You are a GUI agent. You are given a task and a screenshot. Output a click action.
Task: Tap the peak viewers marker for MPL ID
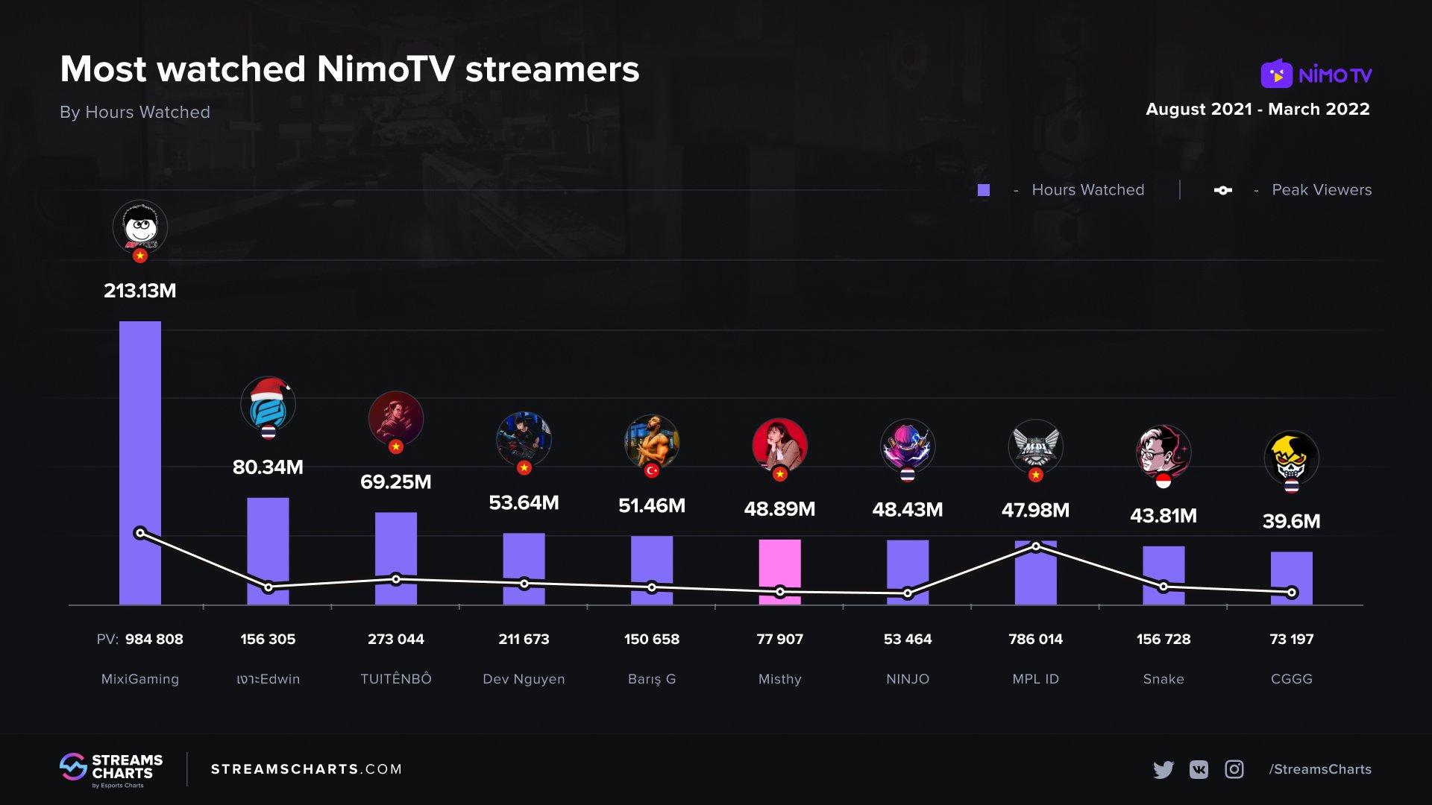pos(1036,546)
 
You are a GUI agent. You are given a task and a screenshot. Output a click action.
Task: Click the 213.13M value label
pos(140,291)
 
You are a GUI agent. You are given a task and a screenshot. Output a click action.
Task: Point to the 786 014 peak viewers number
pos(1035,639)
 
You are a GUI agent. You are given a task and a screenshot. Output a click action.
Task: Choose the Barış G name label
pos(652,679)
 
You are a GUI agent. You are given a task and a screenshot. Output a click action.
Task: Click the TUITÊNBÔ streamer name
pos(396,679)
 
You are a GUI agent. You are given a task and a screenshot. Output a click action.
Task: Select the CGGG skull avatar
pos(1291,457)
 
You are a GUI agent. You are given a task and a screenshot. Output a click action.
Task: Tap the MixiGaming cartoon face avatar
pos(140,227)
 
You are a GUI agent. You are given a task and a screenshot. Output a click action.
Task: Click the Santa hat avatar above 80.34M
pos(268,403)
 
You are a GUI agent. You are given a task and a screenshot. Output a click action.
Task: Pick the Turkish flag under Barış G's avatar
pos(652,470)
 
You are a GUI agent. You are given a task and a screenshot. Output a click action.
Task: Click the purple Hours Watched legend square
pos(984,190)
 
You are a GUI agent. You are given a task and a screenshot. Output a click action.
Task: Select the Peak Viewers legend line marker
pos(1222,190)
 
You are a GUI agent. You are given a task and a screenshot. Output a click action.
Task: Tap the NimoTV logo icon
pos(1276,74)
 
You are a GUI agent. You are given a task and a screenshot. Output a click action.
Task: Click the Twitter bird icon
pos(1163,769)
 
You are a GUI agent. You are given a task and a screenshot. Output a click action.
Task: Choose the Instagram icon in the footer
pos(1234,769)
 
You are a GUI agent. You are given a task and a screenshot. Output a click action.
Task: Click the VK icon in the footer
pos(1199,769)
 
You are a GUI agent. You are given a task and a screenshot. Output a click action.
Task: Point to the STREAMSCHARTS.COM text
pos(307,769)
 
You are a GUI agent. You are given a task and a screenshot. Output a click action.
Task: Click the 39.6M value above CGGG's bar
pos(1291,521)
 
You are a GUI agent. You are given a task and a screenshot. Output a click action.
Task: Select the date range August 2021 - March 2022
pos(1257,109)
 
